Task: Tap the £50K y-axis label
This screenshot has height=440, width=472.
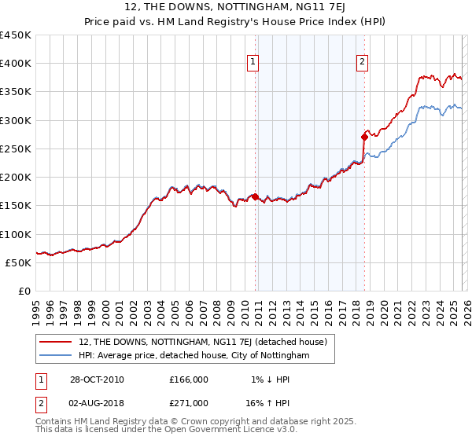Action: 19,262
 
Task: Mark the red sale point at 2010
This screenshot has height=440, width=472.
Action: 256,196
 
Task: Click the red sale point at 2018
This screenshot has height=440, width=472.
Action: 364,137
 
